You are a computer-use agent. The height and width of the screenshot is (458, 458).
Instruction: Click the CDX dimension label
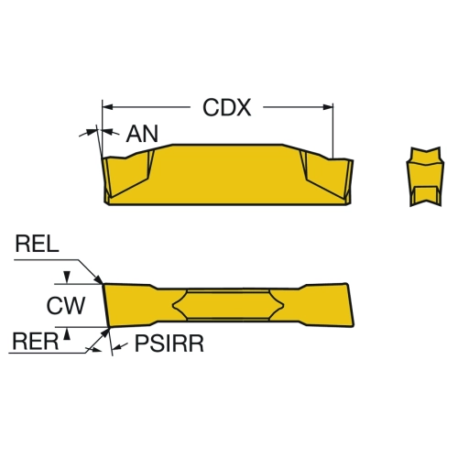(x=227, y=107)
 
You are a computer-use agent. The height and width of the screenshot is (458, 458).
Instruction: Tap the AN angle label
(x=142, y=134)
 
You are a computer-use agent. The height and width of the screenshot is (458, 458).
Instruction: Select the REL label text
(x=37, y=244)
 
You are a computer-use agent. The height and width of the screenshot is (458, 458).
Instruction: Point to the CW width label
(x=66, y=305)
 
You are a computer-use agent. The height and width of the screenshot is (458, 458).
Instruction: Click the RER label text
(x=36, y=342)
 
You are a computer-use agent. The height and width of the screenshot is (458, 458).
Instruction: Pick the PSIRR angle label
(x=169, y=343)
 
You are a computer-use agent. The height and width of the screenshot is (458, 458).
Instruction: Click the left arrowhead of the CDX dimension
(x=107, y=107)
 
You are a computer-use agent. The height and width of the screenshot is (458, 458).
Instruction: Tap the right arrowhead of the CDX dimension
(x=328, y=107)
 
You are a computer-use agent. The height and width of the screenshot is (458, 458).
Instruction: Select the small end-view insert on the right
(x=425, y=177)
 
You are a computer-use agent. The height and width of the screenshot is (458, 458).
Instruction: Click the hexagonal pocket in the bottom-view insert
(x=228, y=305)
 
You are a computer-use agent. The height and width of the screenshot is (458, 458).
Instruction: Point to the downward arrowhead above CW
(x=68, y=278)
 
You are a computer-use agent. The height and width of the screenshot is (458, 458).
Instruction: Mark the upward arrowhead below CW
(x=68, y=334)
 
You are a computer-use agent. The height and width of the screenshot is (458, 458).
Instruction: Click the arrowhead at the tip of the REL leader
(x=99, y=279)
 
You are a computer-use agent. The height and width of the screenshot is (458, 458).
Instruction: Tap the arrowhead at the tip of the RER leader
(x=104, y=333)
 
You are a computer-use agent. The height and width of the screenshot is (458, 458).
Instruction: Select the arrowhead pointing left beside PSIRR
(x=117, y=347)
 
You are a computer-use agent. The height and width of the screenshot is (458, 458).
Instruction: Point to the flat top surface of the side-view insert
(x=227, y=145)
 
